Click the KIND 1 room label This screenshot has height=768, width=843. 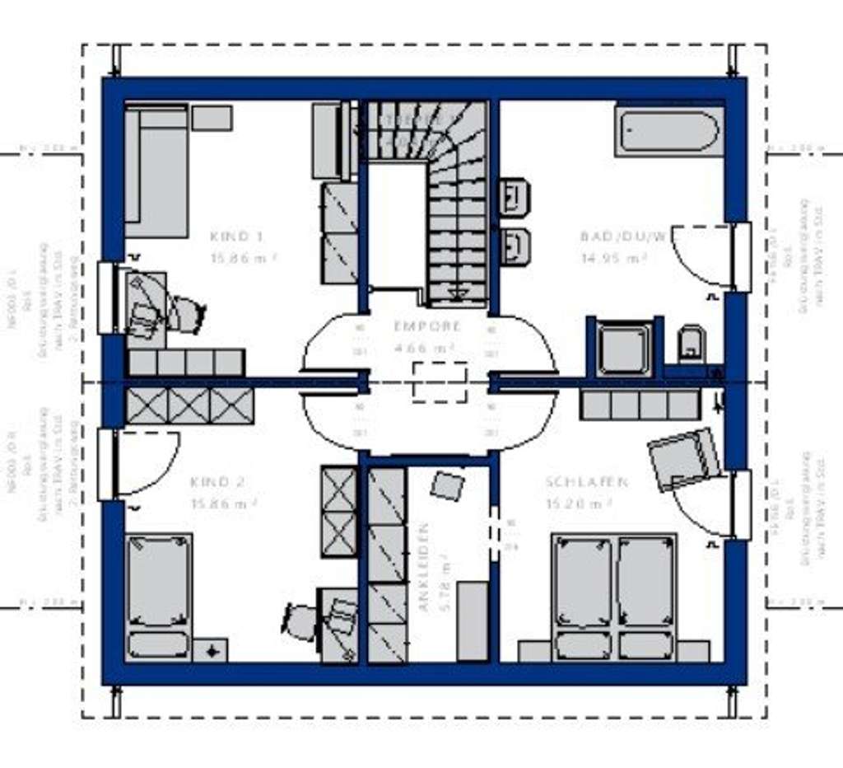(x=236, y=236)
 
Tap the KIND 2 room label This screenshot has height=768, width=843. (x=217, y=482)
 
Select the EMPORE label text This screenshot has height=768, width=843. (x=427, y=326)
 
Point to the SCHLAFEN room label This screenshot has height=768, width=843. (x=587, y=482)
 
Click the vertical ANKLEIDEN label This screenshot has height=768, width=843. (x=425, y=567)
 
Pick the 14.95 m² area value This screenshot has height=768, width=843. (x=612, y=258)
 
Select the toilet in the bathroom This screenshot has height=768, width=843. (x=692, y=344)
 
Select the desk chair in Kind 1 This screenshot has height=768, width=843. (x=186, y=313)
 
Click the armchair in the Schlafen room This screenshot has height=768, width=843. (x=683, y=458)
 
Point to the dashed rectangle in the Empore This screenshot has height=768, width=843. (x=440, y=382)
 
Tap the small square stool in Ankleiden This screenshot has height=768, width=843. (x=447, y=485)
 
